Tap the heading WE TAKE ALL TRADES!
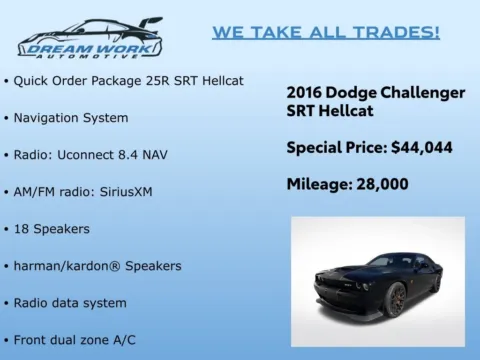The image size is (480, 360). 326,32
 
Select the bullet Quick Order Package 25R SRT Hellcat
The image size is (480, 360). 129,80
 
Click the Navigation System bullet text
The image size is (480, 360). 71,117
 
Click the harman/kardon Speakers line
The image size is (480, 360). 97,265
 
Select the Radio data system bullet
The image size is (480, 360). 70,302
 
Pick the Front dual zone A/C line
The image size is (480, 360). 75,339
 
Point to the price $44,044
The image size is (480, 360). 421,147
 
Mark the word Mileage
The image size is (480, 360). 319,184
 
